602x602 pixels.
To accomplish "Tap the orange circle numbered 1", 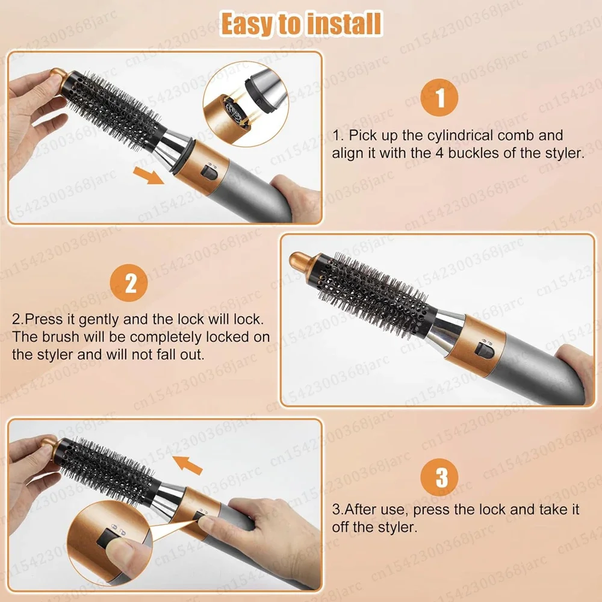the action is pyautogui.click(x=439, y=98).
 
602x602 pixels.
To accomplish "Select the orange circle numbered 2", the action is pyautogui.click(x=129, y=284).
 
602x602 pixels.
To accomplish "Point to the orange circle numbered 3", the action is pyautogui.click(x=439, y=477).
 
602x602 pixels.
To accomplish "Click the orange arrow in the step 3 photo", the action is pyautogui.click(x=187, y=465).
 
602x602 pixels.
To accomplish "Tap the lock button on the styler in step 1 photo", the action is pyautogui.click(x=209, y=173).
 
